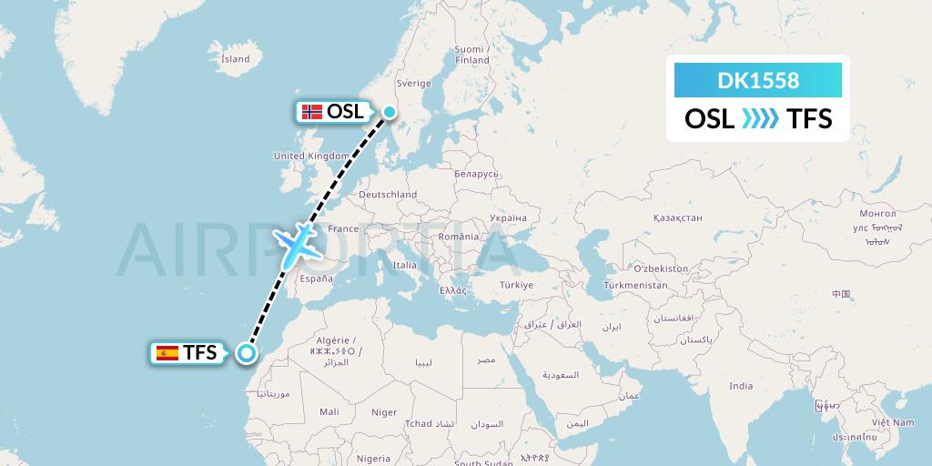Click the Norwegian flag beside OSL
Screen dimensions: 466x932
[312, 113]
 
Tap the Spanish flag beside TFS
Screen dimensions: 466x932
[167, 353]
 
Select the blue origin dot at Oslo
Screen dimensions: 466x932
[390, 113]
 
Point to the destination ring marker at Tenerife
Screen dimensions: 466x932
[246, 353]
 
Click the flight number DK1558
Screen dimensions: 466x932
[758, 81]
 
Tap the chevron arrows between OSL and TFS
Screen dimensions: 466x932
[761, 119]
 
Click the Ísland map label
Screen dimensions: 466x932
[235, 59]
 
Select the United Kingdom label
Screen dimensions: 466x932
[311, 156]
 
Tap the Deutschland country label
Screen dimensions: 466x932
[388, 194]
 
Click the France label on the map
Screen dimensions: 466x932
[343, 228]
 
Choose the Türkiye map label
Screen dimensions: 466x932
[515, 285]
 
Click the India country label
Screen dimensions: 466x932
[741, 386]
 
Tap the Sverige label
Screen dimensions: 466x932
[413, 83]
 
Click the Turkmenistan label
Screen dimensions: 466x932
[635, 286]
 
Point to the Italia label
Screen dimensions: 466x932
[404, 265]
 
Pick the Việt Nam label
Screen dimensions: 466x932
[892, 422]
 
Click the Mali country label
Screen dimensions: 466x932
[329, 412]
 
